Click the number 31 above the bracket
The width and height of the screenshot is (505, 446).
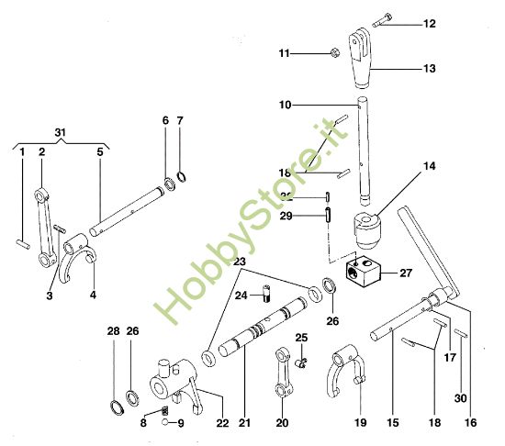[62, 133]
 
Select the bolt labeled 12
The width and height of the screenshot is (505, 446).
[383, 22]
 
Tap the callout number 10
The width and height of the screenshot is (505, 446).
[286, 106]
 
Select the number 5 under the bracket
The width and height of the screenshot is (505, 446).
[99, 152]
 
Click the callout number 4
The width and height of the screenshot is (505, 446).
[94, 295]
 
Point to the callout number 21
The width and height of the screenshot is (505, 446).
[244, 423]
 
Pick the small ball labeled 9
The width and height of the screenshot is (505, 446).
[163, 423]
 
